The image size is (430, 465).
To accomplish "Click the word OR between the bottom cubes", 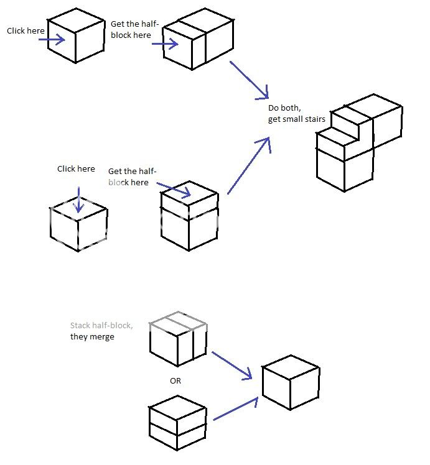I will click(x=175, y=380).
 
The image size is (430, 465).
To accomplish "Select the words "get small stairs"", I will click(x=297, y=119).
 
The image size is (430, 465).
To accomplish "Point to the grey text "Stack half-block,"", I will click(x=101, y=325).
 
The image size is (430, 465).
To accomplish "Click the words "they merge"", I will click(x=92, y=336).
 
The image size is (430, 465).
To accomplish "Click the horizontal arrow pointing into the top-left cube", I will click(x=51, y=40).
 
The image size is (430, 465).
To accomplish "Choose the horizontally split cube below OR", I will click(x=177, y=423).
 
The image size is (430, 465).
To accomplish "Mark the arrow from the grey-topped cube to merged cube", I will click(x=231, y=365).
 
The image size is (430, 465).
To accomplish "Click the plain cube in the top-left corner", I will click(x=76, y=35).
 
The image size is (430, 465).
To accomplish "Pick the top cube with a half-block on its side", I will click(x=199, y=41).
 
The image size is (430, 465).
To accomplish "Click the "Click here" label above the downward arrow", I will click(x=76, y=168).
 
